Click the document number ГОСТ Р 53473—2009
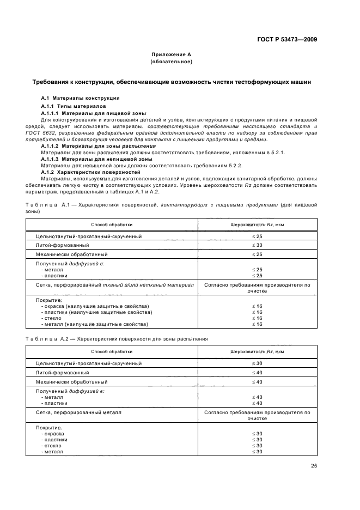point(286,39)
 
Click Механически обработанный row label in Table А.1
point(71,254)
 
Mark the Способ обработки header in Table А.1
point(111,224)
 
